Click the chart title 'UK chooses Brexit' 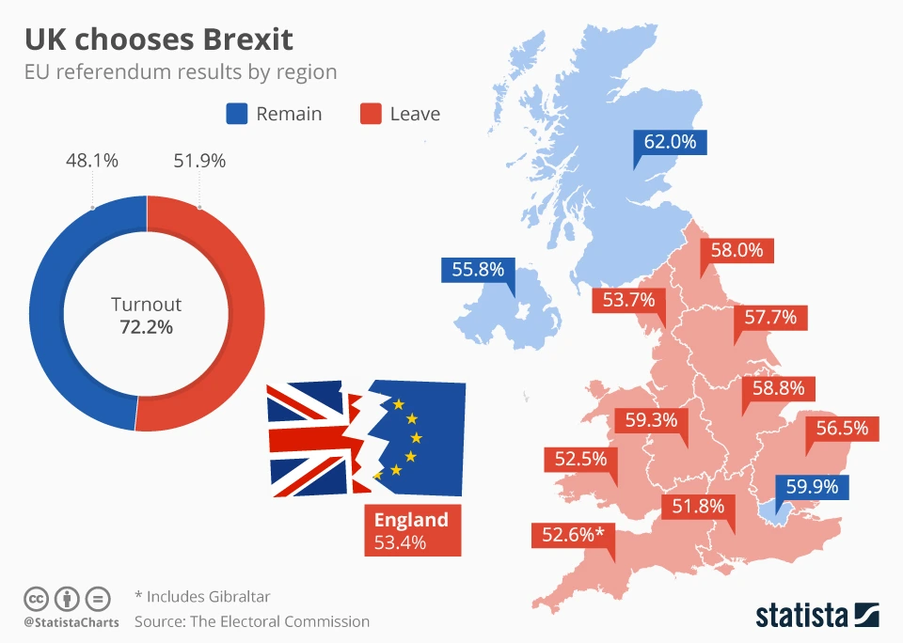click(x=158, y=39)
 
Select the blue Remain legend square click(x=236, y=114)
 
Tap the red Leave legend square click(x=371, y=114)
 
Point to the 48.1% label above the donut click(x=91, y=161)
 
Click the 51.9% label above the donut click(x=199, y=161)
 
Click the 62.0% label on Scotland click(x=670, y=142)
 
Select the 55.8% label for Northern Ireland click(x=478, y=269)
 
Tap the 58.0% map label click(x=737, y=251)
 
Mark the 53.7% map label click(x=628, y=301)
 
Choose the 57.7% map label click(x=770, y=317)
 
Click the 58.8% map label click(x=779, y=387)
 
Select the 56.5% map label click(x=842, y=429)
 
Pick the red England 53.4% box click(x=412, y=531)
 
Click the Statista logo click(x=816, y=616)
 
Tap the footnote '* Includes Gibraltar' click(x=202, y=596)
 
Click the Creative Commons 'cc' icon click(x=36, y=598)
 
